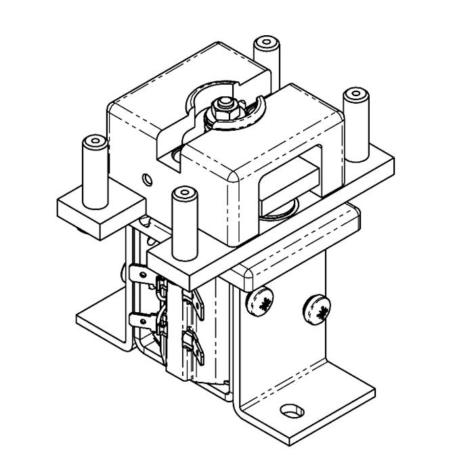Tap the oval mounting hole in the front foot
click(292, 411)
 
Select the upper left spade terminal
click(139, 275)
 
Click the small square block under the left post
click(102, 215)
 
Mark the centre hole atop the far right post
click(355, 93)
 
